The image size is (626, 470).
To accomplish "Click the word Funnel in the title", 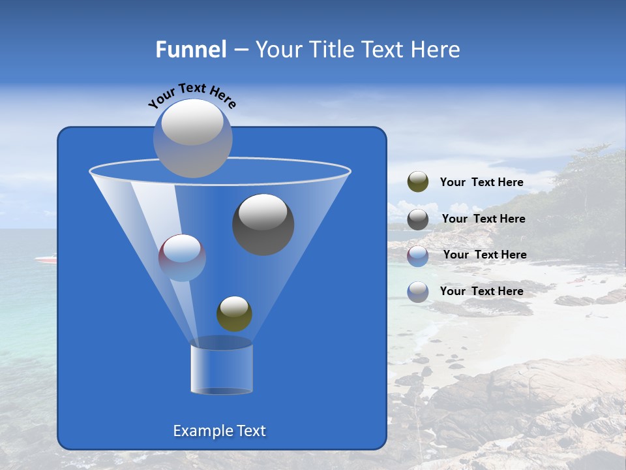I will (190, 50).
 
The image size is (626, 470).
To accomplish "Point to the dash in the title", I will (241, 50).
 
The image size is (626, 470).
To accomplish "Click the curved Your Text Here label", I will (192, 95).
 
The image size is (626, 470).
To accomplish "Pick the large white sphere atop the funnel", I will (192, 138).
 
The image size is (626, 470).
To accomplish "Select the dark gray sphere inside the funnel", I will (263, 225).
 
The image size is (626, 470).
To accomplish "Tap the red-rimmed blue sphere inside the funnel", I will (182, 257).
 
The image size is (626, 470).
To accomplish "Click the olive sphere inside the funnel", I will (234, 313).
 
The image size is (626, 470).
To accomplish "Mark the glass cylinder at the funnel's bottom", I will (222, 368).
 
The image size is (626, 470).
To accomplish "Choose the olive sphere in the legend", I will (417, 182).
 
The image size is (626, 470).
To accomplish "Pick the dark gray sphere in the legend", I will (417, 219).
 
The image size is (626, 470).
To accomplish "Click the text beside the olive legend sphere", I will (481, 182).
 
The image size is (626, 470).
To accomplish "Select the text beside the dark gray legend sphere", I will (483, 219).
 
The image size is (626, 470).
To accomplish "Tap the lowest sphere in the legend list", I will (417, 291).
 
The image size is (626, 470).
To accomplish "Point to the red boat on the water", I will (46, 259).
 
